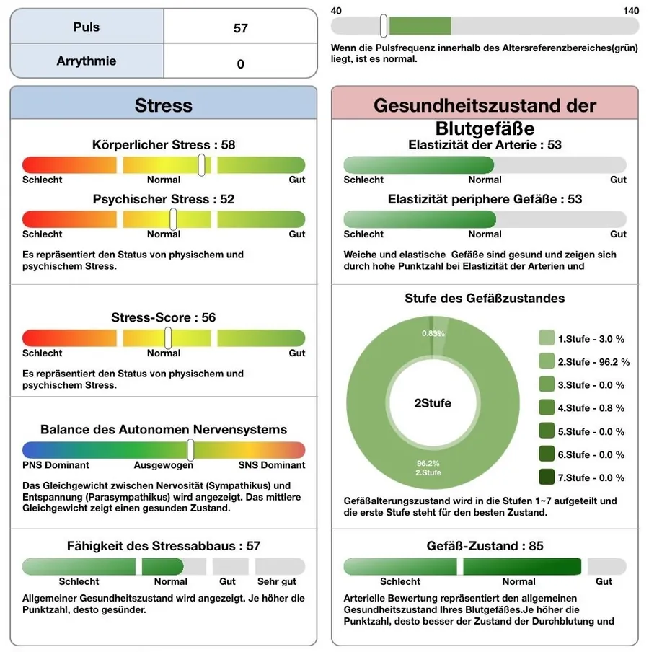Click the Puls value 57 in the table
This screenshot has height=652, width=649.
tap(240, 28)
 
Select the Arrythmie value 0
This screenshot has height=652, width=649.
tap(240, 64)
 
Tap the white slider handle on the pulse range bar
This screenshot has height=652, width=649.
tap(384, 26)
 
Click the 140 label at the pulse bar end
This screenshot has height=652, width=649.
tap(631, 11)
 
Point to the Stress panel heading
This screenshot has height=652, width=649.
tap(164, 105)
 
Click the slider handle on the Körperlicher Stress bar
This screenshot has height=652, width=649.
tap(202, 165)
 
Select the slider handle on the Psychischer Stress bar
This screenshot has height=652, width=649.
tap(173, 219)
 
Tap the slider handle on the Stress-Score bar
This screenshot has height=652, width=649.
tap(168, 338)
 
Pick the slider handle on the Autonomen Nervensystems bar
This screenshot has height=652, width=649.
tap(190, 450)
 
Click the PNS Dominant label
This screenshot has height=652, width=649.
tap(56, 465)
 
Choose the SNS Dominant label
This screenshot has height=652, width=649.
tap(271, 465)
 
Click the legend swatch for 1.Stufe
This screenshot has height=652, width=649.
tap(547, 338)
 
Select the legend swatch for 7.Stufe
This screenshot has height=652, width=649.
tap(547, 477)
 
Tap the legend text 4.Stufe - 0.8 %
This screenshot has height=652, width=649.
tap(591, 408)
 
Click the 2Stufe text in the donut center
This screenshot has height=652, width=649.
tap(433, 403)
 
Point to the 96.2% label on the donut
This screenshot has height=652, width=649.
tap(428, 463)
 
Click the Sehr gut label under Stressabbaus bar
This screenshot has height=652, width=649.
tap(277, 581)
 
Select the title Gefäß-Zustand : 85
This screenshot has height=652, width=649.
tap(485, 545)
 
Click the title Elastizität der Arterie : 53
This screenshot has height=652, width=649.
tap(485, 145)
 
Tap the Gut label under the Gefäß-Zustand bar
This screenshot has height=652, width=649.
tap(604, 581)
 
